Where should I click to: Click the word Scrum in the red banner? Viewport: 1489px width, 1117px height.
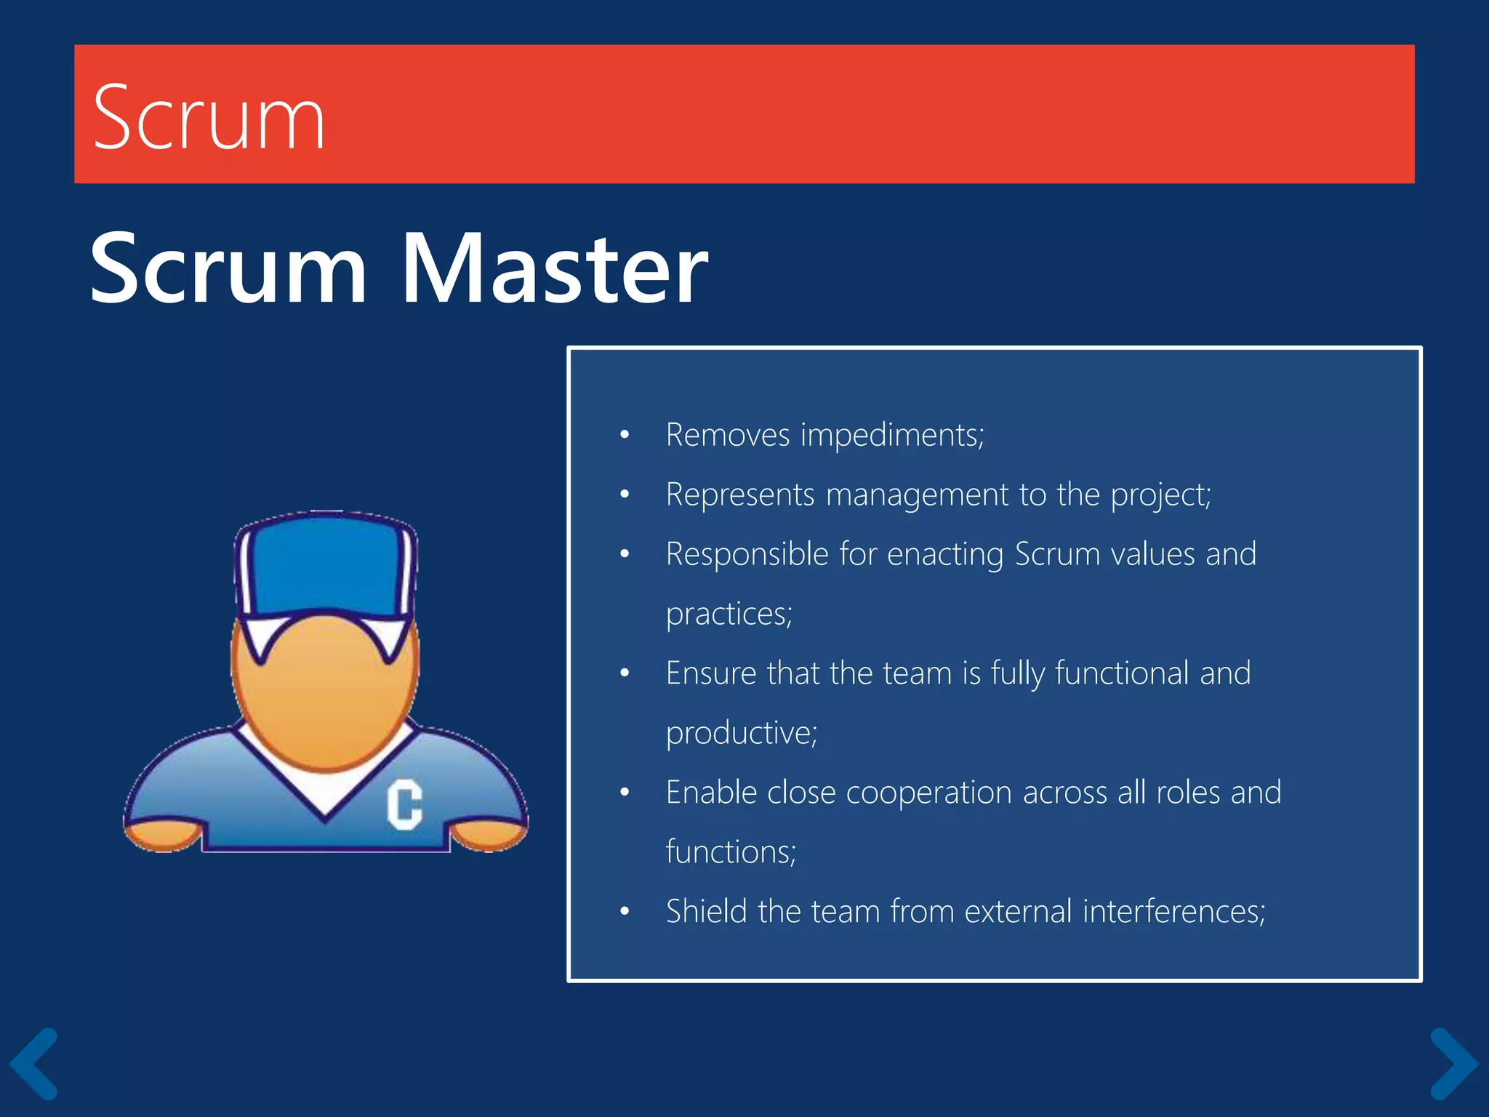coord(209,118)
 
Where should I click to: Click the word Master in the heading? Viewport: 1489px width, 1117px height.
coord(554,268)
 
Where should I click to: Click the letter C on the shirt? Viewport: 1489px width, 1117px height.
coord(404,804)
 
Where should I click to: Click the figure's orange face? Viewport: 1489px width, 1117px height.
coord(325,691)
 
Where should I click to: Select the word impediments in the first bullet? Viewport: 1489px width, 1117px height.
coord(892,436)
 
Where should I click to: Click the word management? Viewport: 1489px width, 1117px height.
coord(918,495)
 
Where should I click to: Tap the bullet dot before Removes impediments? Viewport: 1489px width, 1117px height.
coord(625,436)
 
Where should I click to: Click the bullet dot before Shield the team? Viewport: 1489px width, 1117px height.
coord(625,911)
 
